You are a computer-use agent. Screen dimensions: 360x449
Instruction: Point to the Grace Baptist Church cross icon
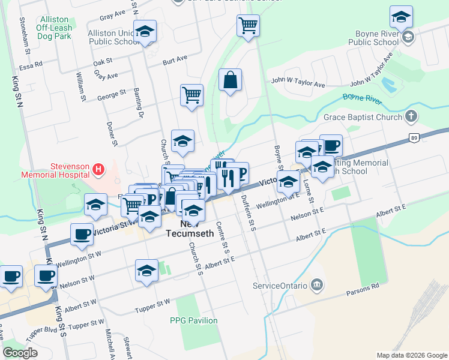click(411, 116)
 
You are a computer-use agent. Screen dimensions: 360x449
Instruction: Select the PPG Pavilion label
click(194, 320)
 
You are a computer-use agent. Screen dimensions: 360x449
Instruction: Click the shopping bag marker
click(230, 80)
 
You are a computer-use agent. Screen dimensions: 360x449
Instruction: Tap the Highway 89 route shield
click(414, 137)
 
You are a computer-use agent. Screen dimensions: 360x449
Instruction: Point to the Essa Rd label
click(31, 62)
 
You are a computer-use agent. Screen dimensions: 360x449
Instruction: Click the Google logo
click(20, 353)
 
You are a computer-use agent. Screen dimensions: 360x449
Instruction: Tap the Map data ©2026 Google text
click(411, 355)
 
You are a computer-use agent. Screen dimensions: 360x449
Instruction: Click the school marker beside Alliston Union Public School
click(145, 31)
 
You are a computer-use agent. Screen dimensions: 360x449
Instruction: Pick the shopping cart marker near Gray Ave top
click(248, 26)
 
